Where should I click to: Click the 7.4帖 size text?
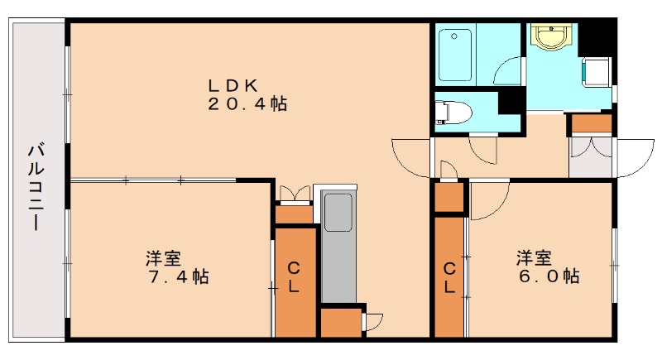point(177,276)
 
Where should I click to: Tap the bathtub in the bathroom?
point(454,54)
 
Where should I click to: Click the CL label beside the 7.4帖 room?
point(294,277)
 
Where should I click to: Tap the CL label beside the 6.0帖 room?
point(449,278)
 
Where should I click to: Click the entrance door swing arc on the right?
point(636,159)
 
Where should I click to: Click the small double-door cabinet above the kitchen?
point(295,196)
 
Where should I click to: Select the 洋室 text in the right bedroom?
point(535,256)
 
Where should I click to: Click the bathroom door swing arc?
point(507,70)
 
